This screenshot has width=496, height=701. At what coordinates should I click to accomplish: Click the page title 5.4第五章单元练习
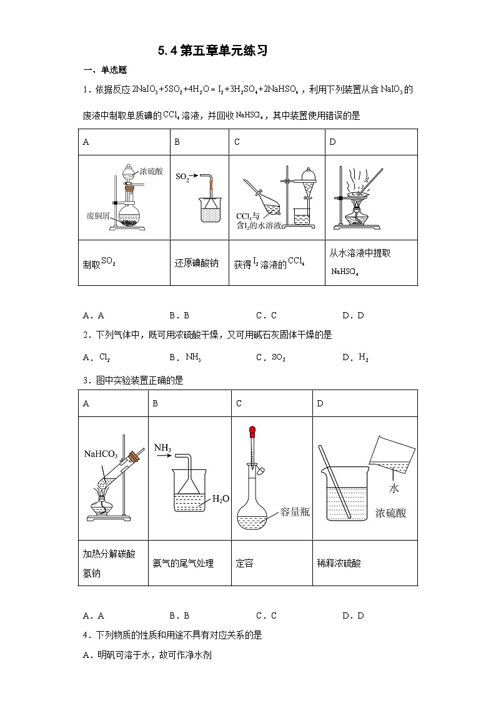[212, 51]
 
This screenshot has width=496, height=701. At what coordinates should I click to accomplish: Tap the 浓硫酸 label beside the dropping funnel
[151, 171]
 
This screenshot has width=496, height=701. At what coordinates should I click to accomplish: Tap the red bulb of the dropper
[253, 430]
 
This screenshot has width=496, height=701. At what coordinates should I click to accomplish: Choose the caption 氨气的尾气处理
[183, 563]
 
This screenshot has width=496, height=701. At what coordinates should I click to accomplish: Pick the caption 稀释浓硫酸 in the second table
[339, 563]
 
